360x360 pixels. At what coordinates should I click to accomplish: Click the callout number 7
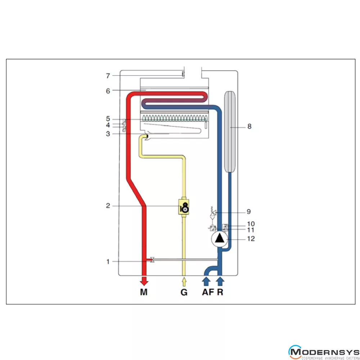click(x=108, y=76)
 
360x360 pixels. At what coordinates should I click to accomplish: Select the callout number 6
click(x=108, y=91)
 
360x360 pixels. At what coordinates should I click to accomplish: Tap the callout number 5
click(x=108, y=119)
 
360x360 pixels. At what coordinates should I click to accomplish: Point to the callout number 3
click(x=108, y=134)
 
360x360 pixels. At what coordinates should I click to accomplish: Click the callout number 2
click(x=108, y=206)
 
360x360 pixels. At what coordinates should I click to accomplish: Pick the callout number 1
click(x=108, y=261)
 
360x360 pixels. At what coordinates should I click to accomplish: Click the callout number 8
click(x=249, y=127)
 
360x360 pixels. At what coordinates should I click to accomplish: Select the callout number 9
click(x=249, y=211)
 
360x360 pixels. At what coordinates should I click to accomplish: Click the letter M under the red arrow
click(x=144, y=292)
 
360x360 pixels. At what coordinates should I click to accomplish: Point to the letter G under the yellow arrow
click(x=184, y=292)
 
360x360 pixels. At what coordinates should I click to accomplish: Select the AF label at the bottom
click(x=207, y=292)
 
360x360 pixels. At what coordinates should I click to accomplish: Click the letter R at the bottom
click(x=220, y=292)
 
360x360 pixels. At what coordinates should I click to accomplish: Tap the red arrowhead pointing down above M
click(x=144, y=282)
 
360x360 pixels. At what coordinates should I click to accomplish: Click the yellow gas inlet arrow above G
click(x=184, y=281)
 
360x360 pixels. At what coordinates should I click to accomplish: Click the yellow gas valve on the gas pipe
click(x=184, y=207)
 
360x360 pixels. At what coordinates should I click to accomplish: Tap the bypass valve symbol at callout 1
click(x=152, y=260)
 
